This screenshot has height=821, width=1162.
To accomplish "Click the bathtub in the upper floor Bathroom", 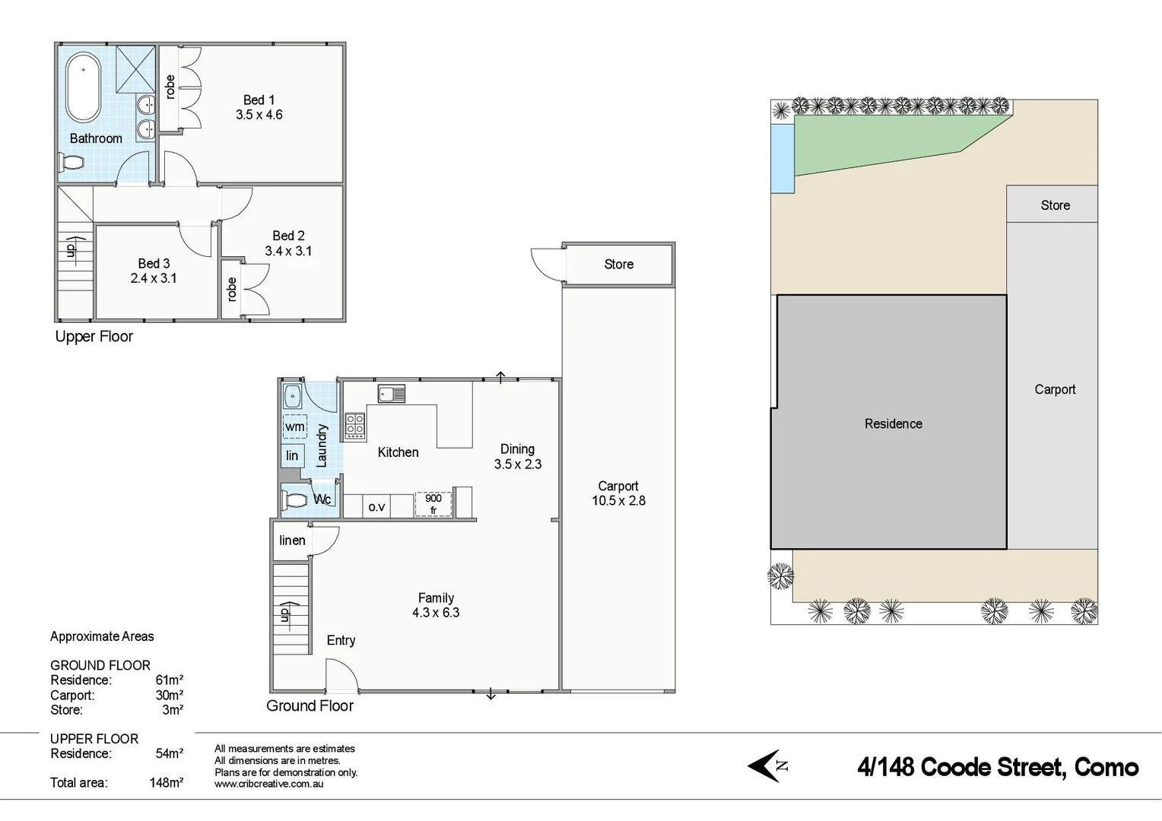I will (x=83, y=87).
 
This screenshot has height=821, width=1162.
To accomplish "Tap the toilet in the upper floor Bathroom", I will (x=71, y=163).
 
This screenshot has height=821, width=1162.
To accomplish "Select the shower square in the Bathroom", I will (x=135, y=69).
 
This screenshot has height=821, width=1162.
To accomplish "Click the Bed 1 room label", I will (x=259, y=100).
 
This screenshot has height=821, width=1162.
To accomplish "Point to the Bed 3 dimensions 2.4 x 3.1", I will (x=154, y=278).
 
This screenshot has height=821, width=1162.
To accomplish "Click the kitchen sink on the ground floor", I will (x=392, y=394).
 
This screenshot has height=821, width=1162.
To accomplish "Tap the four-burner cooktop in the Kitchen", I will (x=355, y=426).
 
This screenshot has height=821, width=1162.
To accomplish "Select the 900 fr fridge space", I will (x=433, y=504).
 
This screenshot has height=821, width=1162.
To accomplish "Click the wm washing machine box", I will (x=294, y=426).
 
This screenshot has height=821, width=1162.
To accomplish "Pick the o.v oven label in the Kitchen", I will (x=376, y=506).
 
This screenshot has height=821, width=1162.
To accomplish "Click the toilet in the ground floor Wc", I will (x=295, y=500).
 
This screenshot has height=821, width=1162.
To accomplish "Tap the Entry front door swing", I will (x=341, y=675).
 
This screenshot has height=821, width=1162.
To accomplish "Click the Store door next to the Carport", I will (x=546, y=265).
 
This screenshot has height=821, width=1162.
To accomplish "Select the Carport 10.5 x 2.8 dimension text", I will (x=618, y=501).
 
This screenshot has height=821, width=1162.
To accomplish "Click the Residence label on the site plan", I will (x=893, y=424).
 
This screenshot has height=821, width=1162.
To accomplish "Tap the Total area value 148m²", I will (x=166, y=782).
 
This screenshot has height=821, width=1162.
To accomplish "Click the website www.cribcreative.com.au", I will (x=268, y=784).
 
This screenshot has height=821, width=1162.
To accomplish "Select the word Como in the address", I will (x=1106, y=767).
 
